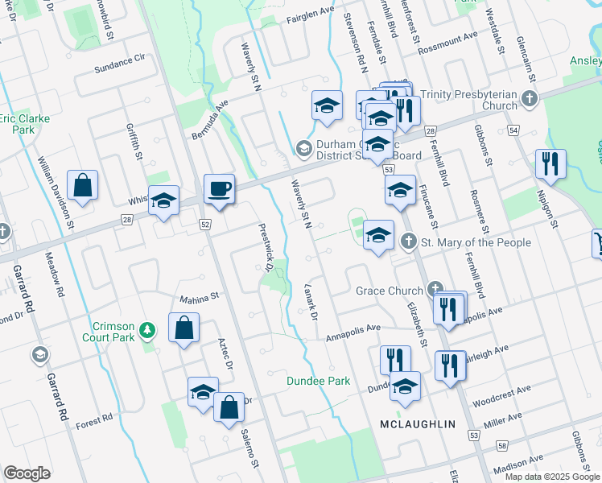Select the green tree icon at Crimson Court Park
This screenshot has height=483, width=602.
[146, 329]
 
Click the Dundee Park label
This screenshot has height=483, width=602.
[320, 381]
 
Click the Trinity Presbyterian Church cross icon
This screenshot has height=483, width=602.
[529, 99]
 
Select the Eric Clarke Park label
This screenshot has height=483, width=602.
[24, 123]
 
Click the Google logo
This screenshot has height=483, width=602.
[27, 473]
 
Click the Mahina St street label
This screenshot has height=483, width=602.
[199, 297]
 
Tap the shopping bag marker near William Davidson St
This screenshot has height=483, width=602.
[83, 186]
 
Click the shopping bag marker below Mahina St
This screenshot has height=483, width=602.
[184, 328]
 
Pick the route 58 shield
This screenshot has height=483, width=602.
[502, 445]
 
